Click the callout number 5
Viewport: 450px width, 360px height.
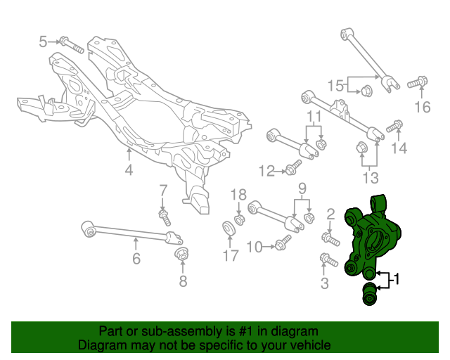[43, 41]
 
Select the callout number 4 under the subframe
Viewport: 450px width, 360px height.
[129, 169]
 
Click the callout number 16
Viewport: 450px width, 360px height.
[422, 107]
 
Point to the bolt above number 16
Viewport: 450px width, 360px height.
[418, 82]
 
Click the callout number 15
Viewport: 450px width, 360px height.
[336, 86]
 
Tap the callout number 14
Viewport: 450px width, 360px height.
[399, 148]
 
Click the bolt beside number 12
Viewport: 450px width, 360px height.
[292, 168]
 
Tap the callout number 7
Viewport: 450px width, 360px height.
[162, 190]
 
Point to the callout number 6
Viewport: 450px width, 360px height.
[136, 260]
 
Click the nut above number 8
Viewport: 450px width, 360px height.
[181, 252]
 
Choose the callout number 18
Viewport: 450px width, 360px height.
[238, 195]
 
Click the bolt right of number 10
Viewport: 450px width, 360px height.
[281, 244]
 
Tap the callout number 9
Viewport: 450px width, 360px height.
[303, 188]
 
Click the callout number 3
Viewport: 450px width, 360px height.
[324, 283]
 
